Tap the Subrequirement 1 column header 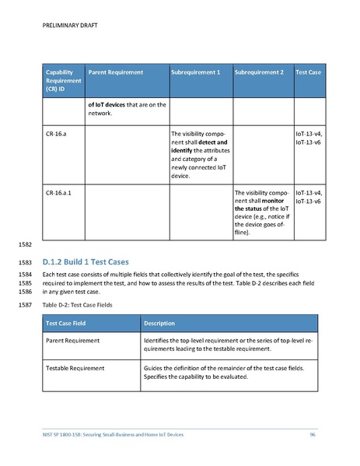[196, 72]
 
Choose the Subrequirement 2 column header [259, 72]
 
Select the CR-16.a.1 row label [59, 191]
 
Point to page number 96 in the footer [312, 433]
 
